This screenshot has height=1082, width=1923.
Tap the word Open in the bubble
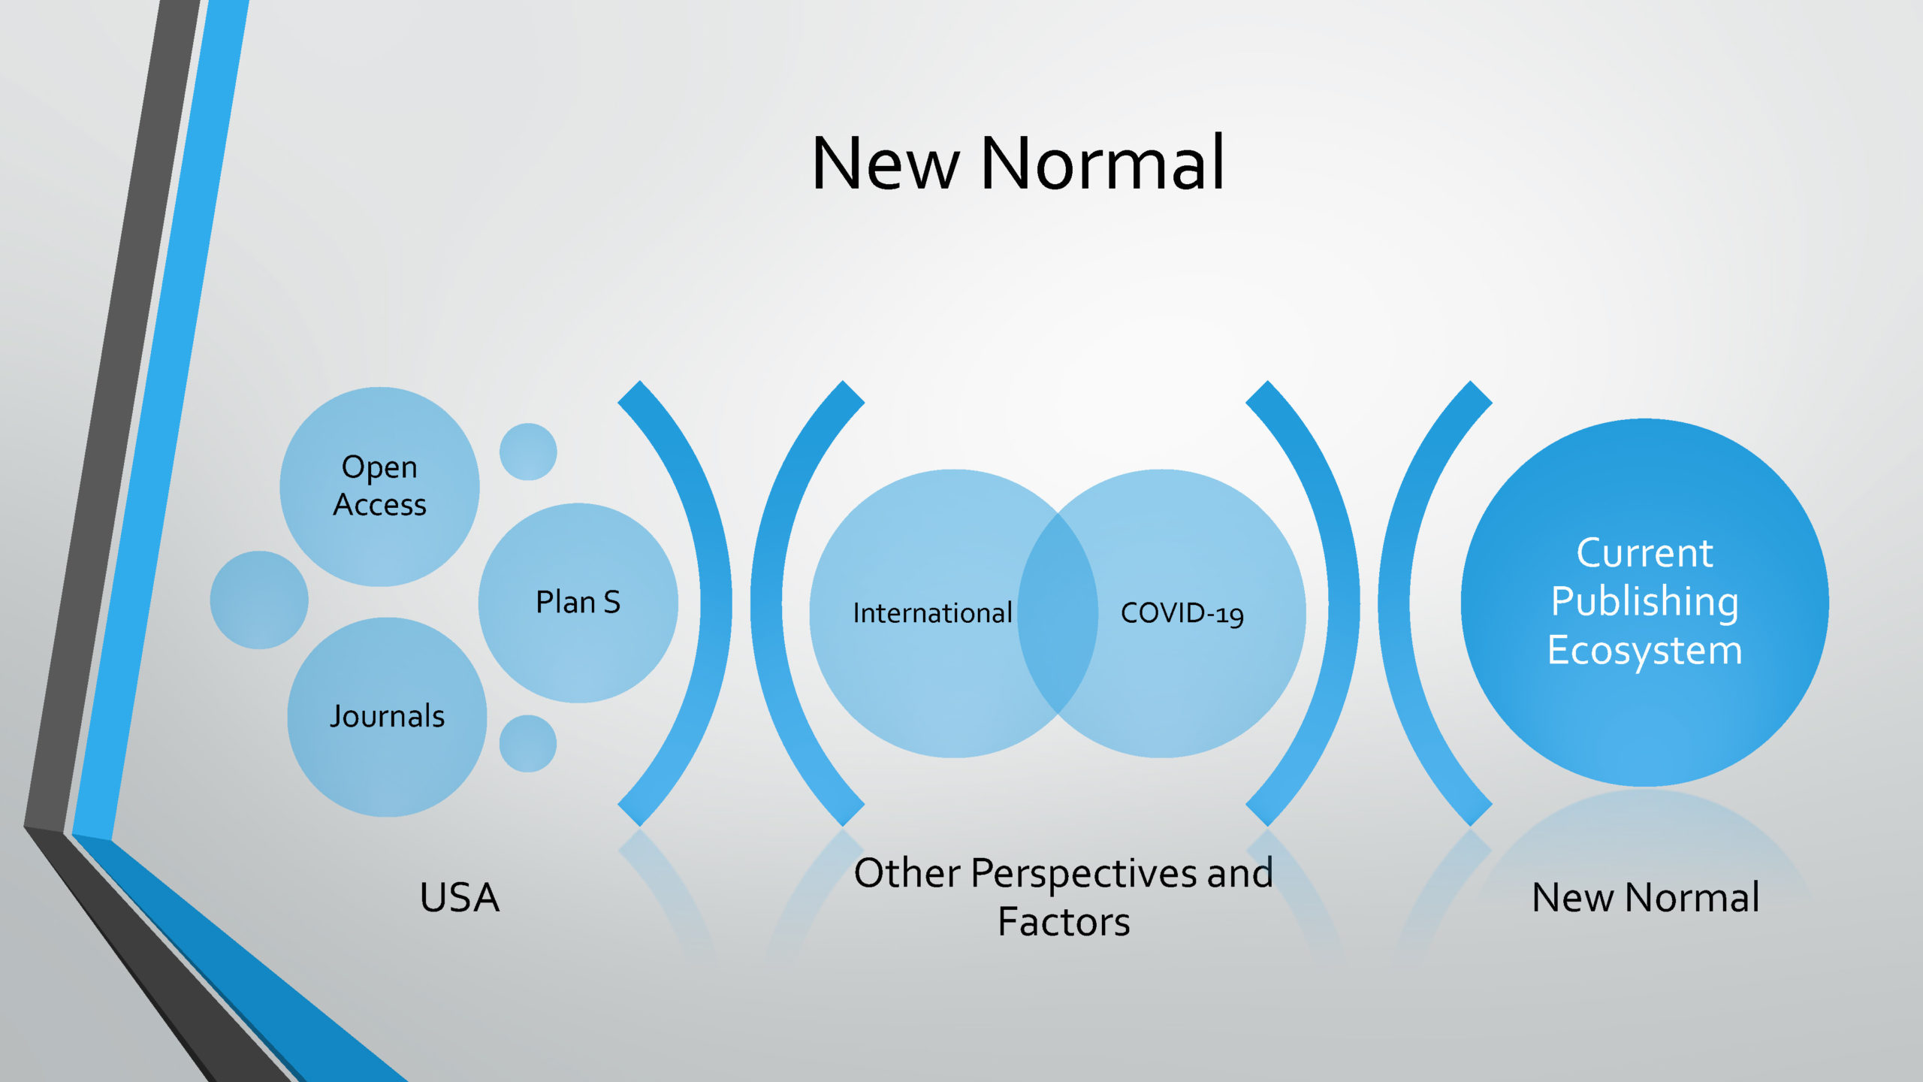(x=379, y=467)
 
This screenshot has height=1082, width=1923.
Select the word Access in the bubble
(x=379, y=505)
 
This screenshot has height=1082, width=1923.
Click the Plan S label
(x=578, y=602)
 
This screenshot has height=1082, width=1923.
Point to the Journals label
(x=387, y=716)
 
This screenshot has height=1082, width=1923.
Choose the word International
(x=932, y=613)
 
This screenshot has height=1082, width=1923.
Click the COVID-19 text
(x=1182, y=614)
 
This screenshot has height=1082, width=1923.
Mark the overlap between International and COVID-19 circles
(x=1058, y=613)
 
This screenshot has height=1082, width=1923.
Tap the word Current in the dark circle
(x=1644, y=553)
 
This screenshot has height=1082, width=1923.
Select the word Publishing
(x=1644, y=603)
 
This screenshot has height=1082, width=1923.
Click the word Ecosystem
(x=1644, y=651)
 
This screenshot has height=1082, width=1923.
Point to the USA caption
(x=459, y=897)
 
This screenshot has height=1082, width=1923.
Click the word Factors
(x=1064, y=922)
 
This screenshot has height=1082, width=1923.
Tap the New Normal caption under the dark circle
(x=1645, y=897)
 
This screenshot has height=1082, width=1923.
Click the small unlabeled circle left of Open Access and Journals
(x=259, y=600)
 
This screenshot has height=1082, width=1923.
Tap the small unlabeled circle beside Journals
(x=528, y=743)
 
